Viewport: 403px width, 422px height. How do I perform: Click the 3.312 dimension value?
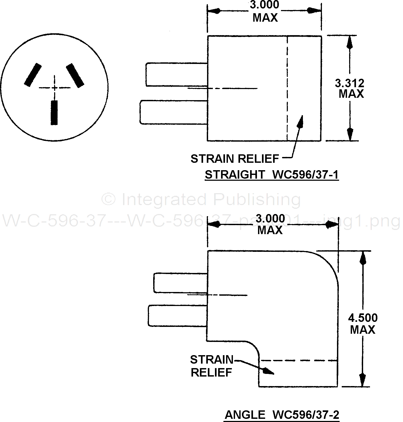coord(349,83)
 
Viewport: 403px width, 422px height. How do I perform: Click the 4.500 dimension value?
coord(363,318)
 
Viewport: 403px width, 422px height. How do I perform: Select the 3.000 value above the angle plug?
coord(271,219)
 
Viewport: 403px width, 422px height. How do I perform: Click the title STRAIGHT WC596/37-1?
coord(272,175)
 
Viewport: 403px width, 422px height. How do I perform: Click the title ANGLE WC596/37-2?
coord(282,415)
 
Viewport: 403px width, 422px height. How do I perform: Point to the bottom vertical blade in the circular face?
coord(54,113)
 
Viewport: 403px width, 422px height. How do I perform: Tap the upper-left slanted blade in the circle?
coord(33,75)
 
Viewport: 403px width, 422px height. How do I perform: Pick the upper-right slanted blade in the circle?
coord(75,75)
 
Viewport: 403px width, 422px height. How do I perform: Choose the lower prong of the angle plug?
coord(177,316)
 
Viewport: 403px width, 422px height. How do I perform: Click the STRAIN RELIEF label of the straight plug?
coord(235,159)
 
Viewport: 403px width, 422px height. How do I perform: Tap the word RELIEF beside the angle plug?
coord(211,373)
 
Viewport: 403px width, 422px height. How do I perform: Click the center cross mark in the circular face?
coord(55,88)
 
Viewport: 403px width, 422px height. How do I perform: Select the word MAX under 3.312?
coord(351,94)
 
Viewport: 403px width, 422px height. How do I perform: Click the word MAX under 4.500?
coord(363,330)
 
